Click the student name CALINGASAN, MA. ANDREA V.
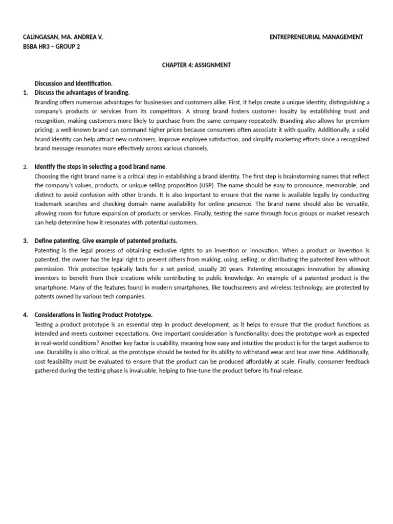pyautogui.click(x=63, y=37)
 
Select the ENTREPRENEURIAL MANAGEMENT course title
pyautogui.click(x=316, y=37)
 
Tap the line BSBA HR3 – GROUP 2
pyautogui.click(x=52, y=47)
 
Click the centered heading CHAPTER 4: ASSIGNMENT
pyautogui.click(x=196, y=65)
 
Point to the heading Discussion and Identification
pyautogui.click(x=73, y=83)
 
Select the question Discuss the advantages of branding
pyautogui.click(x=82, y=93)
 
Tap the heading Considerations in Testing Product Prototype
pyautogui.click(x=93, y=315)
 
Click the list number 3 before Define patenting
pyautogui.click(x=26, y=241)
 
